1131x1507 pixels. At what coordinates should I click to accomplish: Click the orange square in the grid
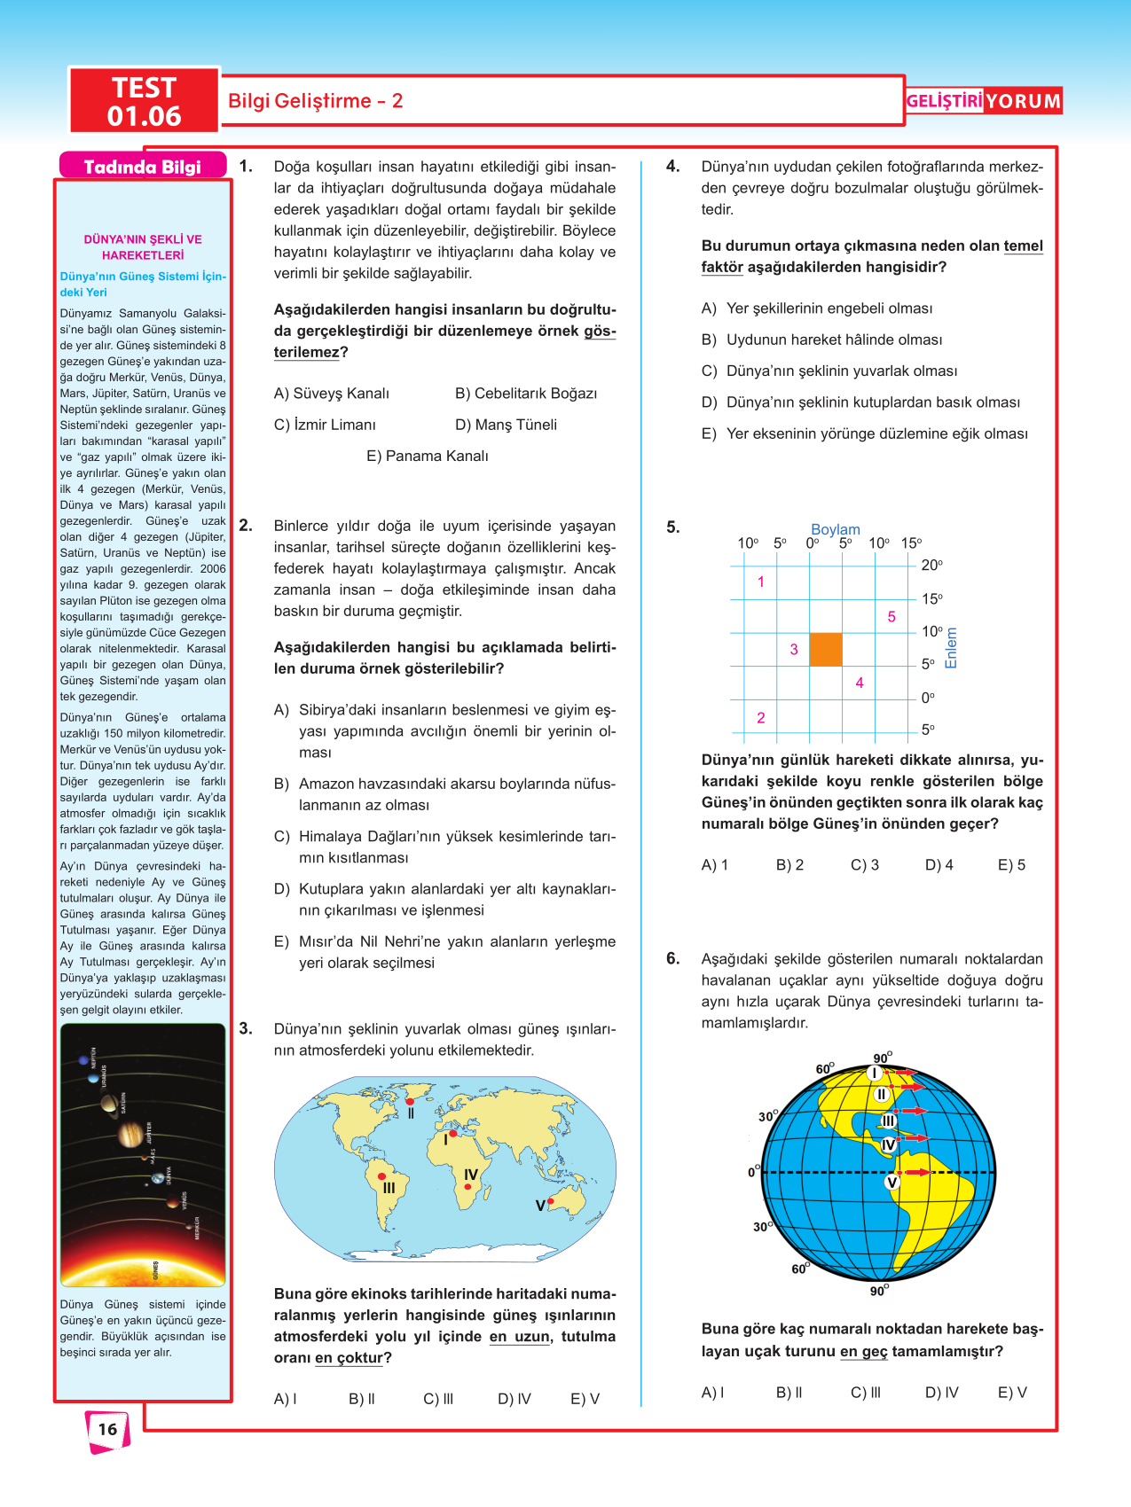[x=826, y=650]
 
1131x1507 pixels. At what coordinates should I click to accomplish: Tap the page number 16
[x=107, y=1429]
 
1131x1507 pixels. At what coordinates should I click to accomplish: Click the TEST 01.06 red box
[x=145, y=101]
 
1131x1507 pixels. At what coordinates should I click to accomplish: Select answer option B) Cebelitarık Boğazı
[x=526, y=394]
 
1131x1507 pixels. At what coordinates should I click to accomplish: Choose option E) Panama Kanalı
[x=427, y=457]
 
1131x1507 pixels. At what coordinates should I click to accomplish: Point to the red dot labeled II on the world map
[x=409, y=1102]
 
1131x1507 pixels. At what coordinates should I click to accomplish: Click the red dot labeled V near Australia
[x=551, y=1201]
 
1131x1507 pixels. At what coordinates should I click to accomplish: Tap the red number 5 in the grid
[x=891, y=617]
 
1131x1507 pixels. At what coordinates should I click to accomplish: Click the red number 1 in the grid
[x=760, y=582]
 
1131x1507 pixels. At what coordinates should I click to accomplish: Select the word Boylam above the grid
[x=835, y=529]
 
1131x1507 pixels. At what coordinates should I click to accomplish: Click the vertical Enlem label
[x=952, y=648]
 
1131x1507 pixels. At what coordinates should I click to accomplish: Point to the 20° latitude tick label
[x=931, y=566]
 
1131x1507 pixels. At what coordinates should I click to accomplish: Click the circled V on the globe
[x=892, y=1182]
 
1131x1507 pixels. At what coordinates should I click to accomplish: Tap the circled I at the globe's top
[x=875, y=1074]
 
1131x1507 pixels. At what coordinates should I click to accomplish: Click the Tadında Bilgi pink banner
[x=143, y=167]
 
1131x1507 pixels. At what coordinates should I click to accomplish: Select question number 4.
[x=673, y=167]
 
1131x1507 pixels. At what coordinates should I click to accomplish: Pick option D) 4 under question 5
[x=939, y=865]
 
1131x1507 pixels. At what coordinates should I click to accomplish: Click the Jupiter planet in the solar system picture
[x=130, y=1133]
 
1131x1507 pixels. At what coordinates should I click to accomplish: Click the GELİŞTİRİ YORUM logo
[x=983, y=101]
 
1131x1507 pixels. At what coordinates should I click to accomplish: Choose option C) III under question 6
[x=865, y=1393]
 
